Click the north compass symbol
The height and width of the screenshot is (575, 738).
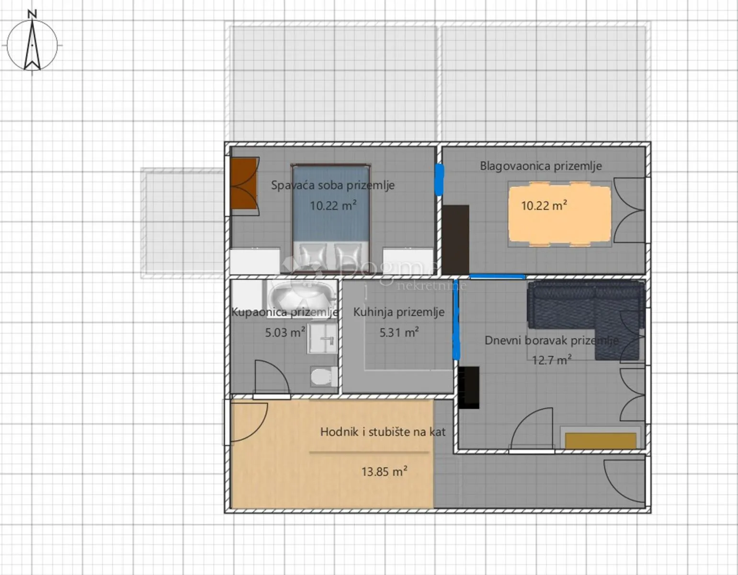tap(32, 45)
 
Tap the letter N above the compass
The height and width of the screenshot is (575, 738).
tap(32, 14)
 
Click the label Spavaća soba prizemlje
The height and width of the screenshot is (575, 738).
tap(332, 185)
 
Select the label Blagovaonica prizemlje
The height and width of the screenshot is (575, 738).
tap(541, 166)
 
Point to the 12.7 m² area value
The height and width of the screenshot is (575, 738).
tap(552, 360)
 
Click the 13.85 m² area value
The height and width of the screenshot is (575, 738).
tap(384, 471)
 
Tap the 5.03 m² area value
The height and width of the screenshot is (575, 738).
tap(285, 332)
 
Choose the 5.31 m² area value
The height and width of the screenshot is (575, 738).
tap(399, 332)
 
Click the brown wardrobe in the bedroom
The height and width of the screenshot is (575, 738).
tap(244, 184)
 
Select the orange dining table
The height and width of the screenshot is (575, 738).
tap(560, 214)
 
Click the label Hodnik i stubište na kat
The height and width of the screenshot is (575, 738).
tap(383, 432)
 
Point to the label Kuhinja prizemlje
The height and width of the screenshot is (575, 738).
tap(399, 312)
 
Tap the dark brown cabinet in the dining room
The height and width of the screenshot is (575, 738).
tap(455, 240)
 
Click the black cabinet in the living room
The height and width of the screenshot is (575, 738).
tap(469, 388)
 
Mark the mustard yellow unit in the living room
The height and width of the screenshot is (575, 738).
tap(601, 441)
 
